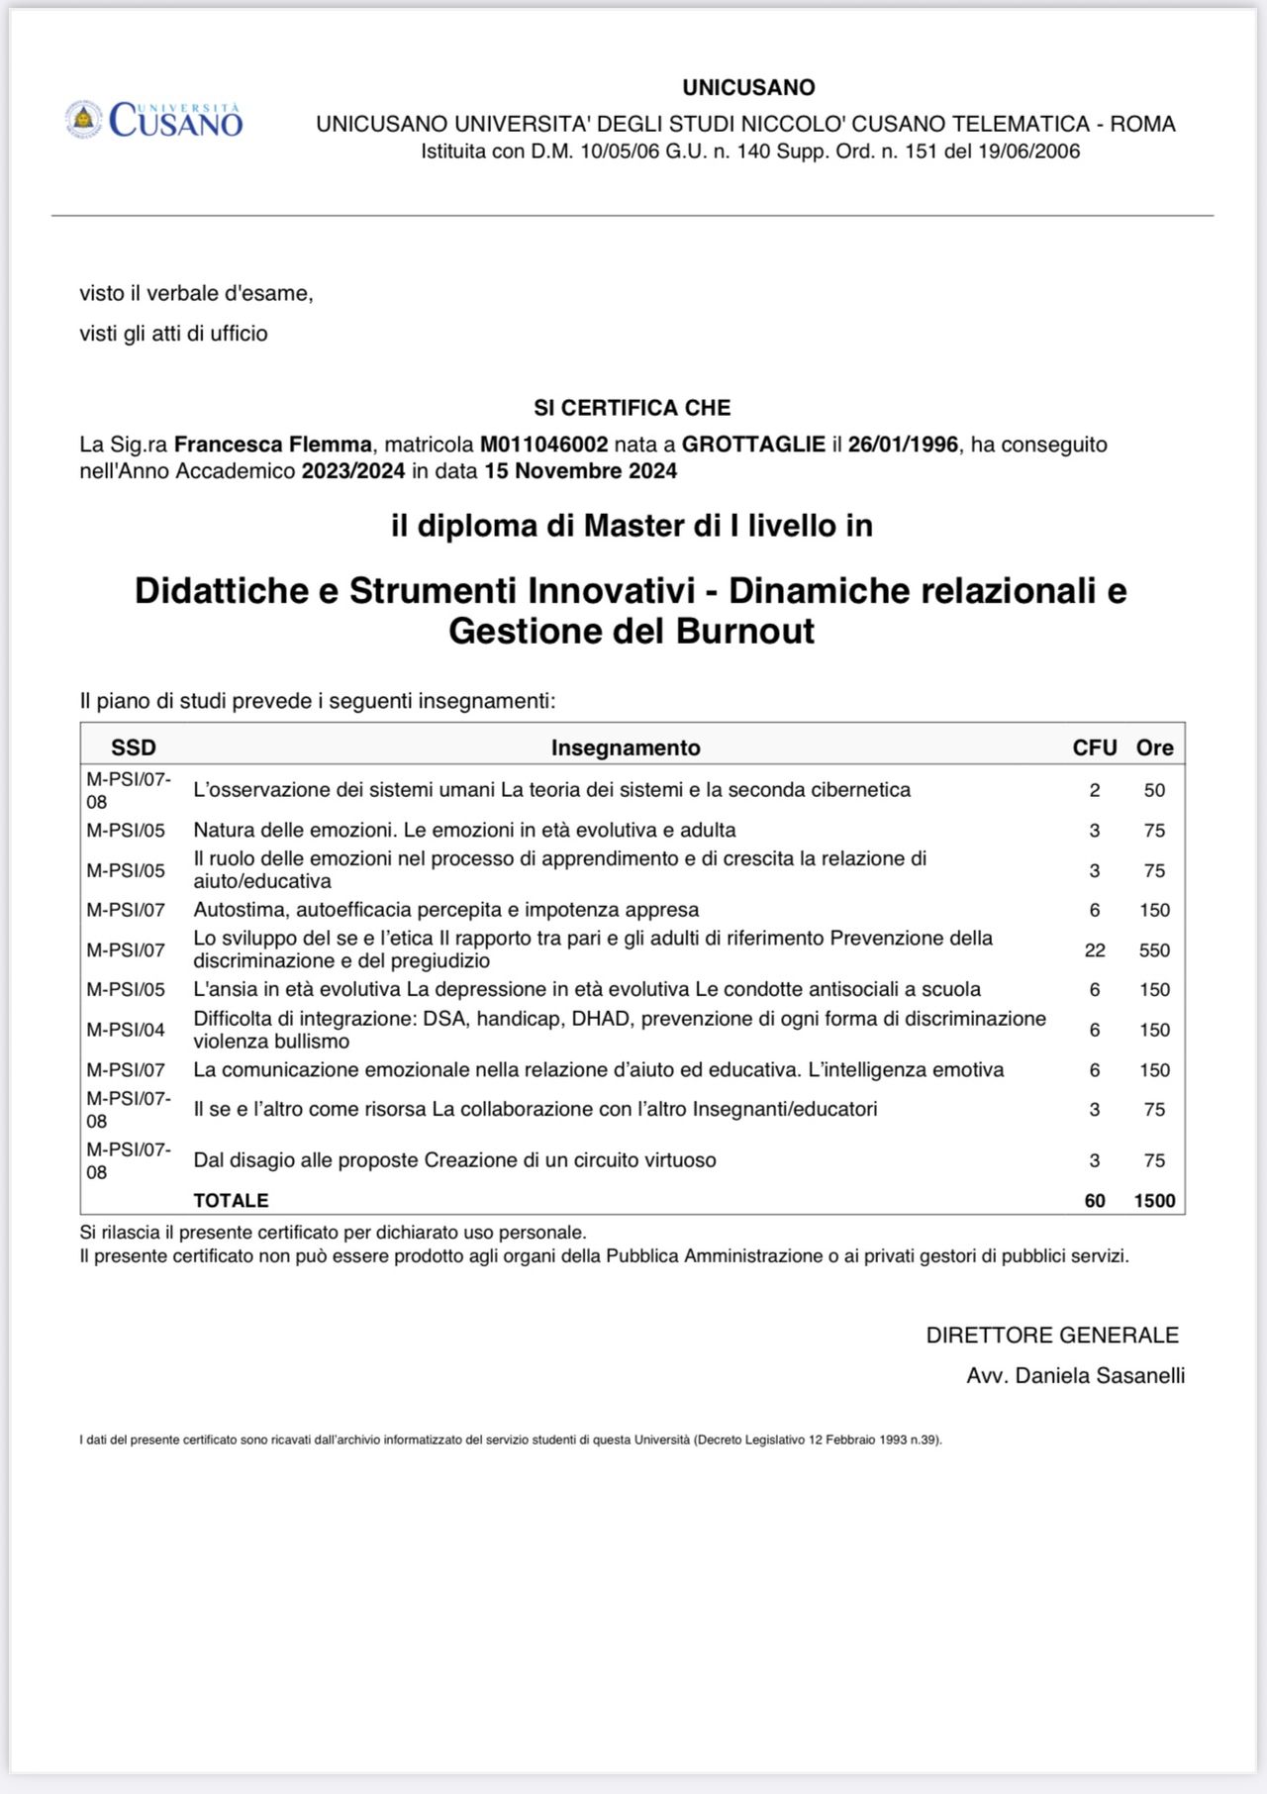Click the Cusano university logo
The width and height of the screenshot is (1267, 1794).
tap(154, 120)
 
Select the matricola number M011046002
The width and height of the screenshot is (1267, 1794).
tap(543, 445)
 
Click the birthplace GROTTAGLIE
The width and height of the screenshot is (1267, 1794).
tap(753, 445)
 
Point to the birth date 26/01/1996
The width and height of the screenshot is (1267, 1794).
tap(903, 445)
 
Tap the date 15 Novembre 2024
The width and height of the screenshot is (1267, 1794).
tap(580, 471)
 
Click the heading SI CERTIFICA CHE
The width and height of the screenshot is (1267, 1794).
tap(632, 408)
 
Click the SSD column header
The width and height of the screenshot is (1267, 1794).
tap(134, 748)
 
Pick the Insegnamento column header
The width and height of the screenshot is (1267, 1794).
tap(626, 748)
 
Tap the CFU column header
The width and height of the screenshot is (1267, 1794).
tap(1095, 748)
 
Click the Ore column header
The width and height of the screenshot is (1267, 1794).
tap(1154, 748)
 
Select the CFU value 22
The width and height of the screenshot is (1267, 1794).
tap(1095, 950)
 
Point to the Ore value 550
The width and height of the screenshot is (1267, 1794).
tap(1154, 950)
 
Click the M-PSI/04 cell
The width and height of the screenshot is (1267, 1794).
tap(126, 1030)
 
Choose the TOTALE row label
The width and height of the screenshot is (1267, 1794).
tap(231, 1201)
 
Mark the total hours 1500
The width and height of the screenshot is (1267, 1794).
tap(1154, 1201)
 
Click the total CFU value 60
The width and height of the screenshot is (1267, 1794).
tap(1095, 1201)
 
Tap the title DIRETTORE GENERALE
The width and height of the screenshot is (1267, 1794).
tap(1052, 1336)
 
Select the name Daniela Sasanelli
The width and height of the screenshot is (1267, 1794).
tap(1100, 1376)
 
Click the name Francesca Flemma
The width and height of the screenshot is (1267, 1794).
tap(273, 445)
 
